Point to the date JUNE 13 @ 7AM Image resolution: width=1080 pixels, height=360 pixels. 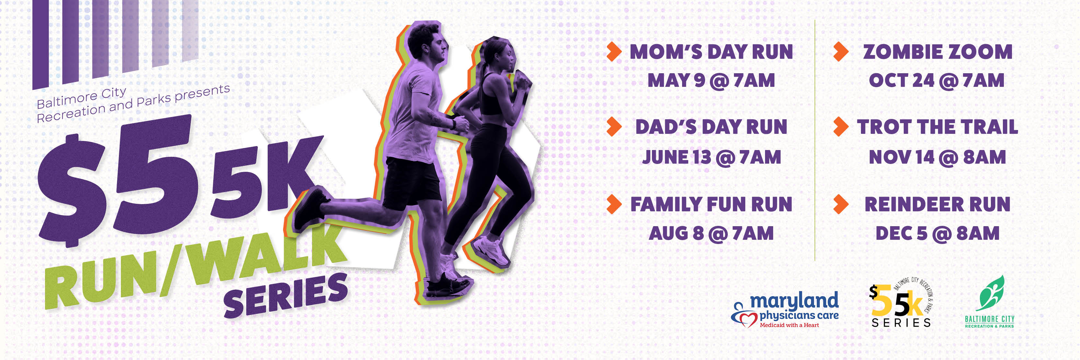[712, 157]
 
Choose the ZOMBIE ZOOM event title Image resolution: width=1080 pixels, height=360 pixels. [937, 52]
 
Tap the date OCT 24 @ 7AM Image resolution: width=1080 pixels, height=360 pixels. [936, 80]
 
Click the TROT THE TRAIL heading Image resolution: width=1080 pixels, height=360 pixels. [937, 127]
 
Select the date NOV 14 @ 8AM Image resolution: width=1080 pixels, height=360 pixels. [937, 157]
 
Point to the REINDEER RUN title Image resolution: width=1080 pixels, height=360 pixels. [937, 204]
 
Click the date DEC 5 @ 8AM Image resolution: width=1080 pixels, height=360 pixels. [937, 233]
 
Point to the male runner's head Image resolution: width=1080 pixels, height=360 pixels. [426, 42]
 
